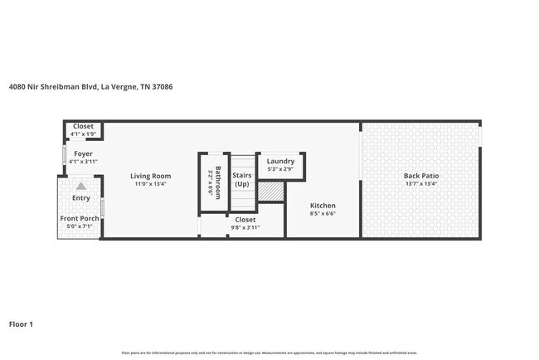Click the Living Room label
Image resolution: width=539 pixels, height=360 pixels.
(150, 176)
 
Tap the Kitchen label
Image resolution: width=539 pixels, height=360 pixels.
(323, 205)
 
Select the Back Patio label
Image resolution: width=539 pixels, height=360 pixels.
(420, 176)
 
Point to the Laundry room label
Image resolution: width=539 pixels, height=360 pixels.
(280, 162)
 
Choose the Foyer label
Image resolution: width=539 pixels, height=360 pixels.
(83, 153)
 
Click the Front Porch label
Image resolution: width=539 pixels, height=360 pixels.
(79, 218)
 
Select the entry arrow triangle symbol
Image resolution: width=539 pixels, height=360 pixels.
(80, 187)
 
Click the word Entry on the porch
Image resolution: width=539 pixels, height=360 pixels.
(80, 198)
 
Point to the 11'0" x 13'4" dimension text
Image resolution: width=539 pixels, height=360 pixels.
(150, 184)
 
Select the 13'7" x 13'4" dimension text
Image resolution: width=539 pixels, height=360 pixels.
(420, 184)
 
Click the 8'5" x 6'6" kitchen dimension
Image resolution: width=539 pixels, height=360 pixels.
(323, 213)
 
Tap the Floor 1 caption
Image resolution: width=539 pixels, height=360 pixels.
(21, 324)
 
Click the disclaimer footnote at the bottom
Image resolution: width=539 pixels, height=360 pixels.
(269, 353)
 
